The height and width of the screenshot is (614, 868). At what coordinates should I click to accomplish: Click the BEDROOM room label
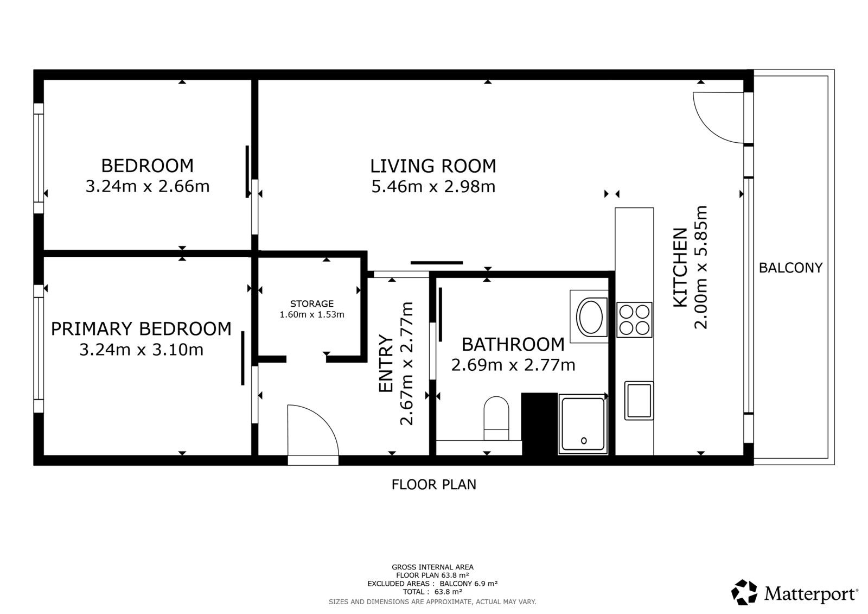click(148, 165)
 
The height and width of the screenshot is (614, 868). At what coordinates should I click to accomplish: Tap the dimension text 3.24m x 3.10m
click(142, 350)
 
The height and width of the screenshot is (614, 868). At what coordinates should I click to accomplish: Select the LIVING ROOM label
click(433, 166)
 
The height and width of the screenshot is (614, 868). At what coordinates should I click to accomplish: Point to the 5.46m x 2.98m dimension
click(433, 187)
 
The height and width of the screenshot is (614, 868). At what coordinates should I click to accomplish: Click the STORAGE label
click(312, 304)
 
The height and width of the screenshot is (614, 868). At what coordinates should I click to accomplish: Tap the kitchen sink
click(639, 401)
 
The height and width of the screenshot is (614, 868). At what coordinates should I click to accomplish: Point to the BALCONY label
click(790, 268)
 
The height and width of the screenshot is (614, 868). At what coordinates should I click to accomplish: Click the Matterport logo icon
click(744, 592)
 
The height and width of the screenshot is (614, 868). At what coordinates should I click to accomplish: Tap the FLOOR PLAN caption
click(433, 484)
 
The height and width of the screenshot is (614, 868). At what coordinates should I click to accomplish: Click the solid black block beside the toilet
click(539, 424)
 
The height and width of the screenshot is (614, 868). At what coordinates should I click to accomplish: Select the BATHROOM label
click(513, 344)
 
